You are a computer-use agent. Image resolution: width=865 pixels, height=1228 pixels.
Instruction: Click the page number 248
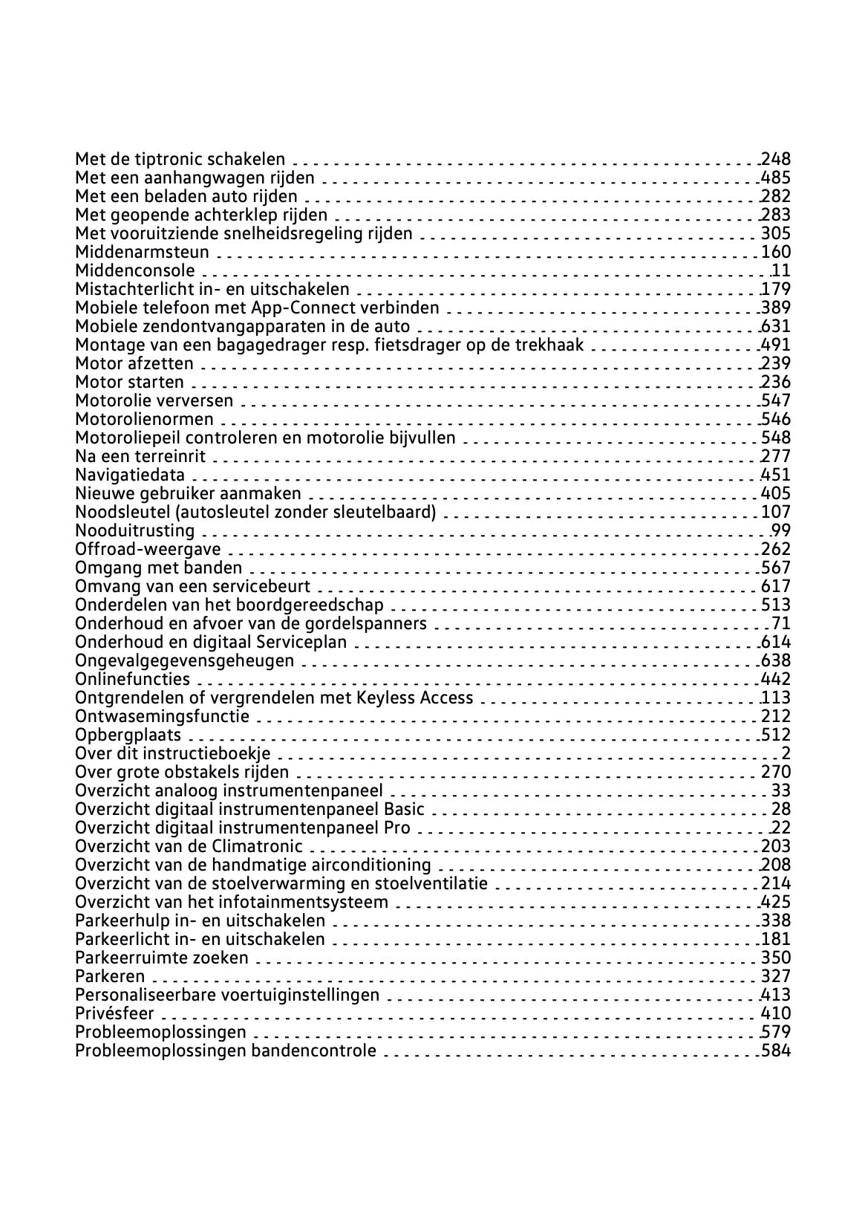point(776,159)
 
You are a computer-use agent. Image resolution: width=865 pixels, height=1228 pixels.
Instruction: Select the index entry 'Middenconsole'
point(135,270)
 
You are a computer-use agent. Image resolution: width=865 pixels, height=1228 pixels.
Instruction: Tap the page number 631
point(776,326)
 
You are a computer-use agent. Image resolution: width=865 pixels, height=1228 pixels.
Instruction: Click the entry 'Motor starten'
point(129,382)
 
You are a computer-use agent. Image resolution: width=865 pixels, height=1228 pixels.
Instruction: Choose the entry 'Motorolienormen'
point(144,419)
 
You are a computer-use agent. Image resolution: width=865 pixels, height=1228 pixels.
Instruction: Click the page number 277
point(776,456)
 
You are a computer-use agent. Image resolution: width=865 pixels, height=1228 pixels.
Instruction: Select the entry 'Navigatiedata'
point(130,475)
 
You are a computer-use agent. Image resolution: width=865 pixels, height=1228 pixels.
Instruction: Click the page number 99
point(780,530)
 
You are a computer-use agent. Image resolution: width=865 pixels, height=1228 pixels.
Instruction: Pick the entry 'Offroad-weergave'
point(148,549)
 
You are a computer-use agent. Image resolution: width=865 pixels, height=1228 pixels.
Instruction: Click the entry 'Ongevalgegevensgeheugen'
point(184,660)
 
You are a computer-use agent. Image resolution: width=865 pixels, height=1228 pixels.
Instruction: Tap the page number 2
point(786,753)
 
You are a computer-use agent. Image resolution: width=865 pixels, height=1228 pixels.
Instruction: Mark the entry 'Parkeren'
point(110,976)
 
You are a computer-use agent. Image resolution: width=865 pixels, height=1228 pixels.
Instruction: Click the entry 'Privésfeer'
point(114,1013)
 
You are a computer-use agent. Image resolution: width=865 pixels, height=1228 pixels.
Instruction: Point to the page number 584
point(776,1050)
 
